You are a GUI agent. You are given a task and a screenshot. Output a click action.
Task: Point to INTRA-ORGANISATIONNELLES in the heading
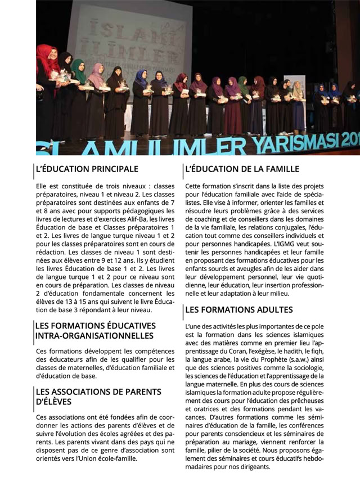tap(94, 336)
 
